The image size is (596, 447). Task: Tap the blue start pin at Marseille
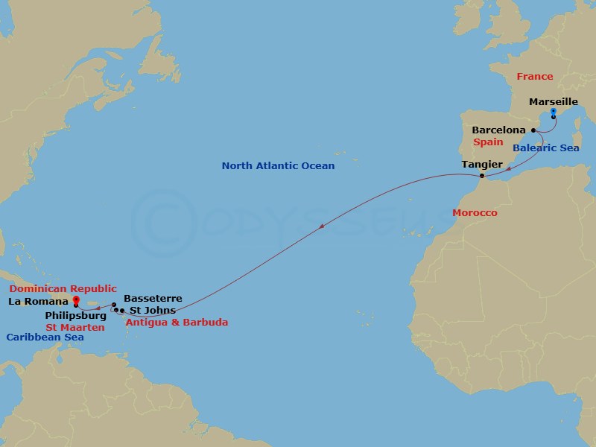[554, 114]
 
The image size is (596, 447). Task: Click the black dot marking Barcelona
[533, 130]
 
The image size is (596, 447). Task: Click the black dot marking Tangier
[483, 176]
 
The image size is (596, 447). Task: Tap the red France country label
[535, 76]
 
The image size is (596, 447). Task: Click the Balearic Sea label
[547, 148]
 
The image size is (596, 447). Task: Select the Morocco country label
[475, 213]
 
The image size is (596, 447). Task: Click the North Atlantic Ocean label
[277, 165]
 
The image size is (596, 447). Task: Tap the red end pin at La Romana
[76, 302]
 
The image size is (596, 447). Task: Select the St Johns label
[153, 310]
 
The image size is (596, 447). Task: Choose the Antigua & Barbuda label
[177, 323]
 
